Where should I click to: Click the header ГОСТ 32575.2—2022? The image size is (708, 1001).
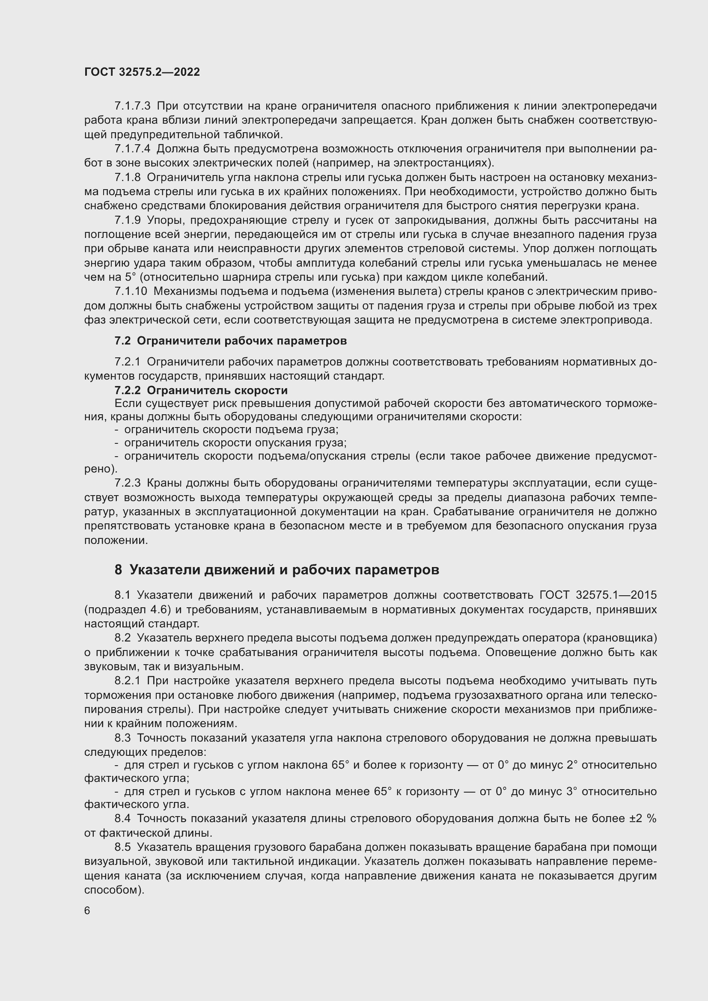click(x=142, y=72)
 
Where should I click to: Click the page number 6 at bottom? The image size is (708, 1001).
click(x=87, y=911)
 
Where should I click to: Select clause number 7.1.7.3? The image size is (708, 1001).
click(x=132, y=106)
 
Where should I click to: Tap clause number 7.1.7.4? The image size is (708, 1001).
click(x=132, y=149)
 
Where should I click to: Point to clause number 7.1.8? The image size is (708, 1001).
click(x=127, y=178)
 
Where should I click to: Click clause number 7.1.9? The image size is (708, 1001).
click(x=127, y=220)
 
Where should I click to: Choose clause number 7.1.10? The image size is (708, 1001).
click(x=131, y=291)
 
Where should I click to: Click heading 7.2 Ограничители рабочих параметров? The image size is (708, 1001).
click(x=231, y=341)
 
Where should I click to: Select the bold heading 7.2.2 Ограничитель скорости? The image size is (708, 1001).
click(x=201, y=390)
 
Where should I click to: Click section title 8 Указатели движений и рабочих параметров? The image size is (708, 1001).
click(x=277, y=570)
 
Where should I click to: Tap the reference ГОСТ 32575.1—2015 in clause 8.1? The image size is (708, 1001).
click(x=598, y=596)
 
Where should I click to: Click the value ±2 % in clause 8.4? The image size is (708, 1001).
click(x=643, y=819)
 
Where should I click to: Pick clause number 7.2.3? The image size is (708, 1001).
click(x=127, y=483)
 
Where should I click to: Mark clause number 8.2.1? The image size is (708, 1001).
click(x=127, y=681)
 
